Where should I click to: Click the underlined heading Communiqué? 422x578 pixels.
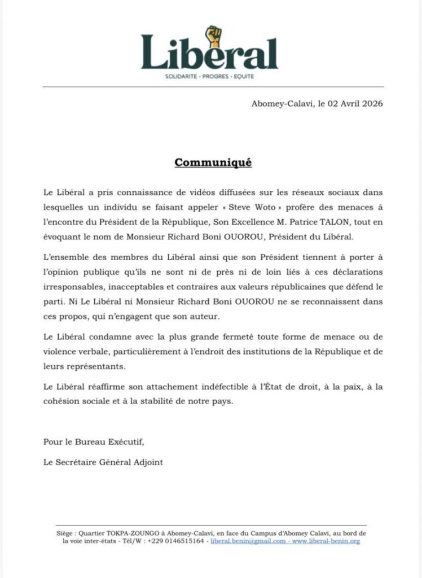pyautogui.click(x=213, y=163)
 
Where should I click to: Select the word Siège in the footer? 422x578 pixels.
pyautogui.click(x=66, y=532)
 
